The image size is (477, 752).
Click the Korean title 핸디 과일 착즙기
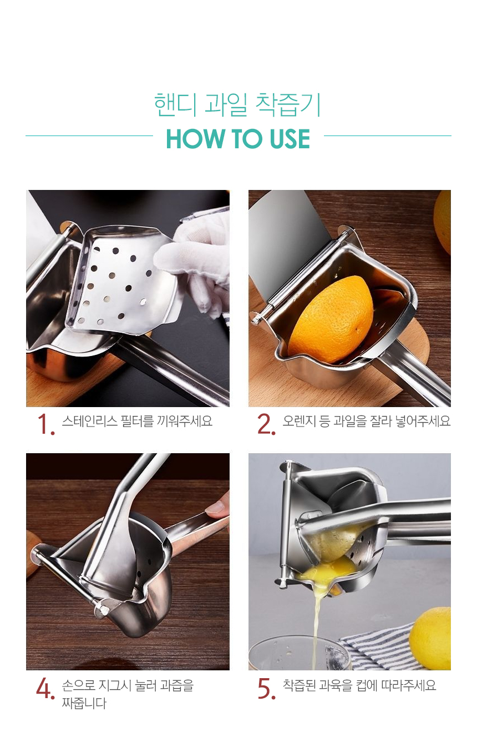(x=237, y=104)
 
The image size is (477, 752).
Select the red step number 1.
(x=45, y=424)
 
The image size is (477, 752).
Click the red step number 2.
(x=266, y=424)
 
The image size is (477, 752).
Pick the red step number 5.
(x=266, y=688)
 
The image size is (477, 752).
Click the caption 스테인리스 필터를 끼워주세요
(x=137, y=420)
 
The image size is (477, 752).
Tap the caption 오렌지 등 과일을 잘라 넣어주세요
(x=367, y=420)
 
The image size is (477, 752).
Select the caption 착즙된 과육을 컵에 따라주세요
(x=359, y=685)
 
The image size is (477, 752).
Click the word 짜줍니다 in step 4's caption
(x=84, y=703)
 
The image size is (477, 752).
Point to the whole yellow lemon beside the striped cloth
(x=430, y=638)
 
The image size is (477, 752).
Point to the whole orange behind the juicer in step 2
(x=443, y=221)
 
